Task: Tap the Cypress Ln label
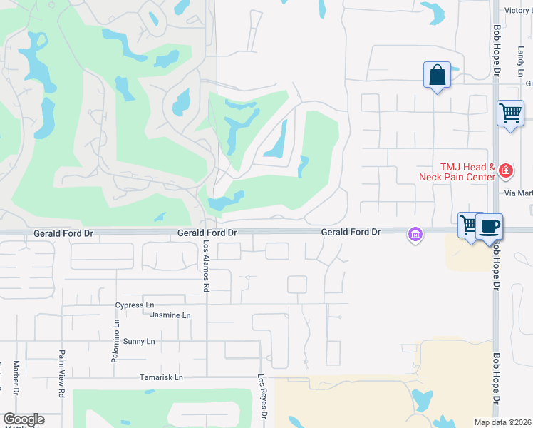point(135,305)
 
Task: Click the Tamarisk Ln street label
point(162,377)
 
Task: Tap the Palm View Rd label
point(62,372)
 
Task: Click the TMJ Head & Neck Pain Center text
point(467,171)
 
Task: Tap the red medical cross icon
point(505,170)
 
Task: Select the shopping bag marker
point(437,75)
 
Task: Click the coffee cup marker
point(489,226)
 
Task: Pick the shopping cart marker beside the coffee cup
point(470,225)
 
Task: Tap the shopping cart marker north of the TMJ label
point(510,113)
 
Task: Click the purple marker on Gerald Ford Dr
point(415,233)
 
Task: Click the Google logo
point(24,419)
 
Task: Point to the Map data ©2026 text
point(503,422)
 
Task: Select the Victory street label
point(517,11)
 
